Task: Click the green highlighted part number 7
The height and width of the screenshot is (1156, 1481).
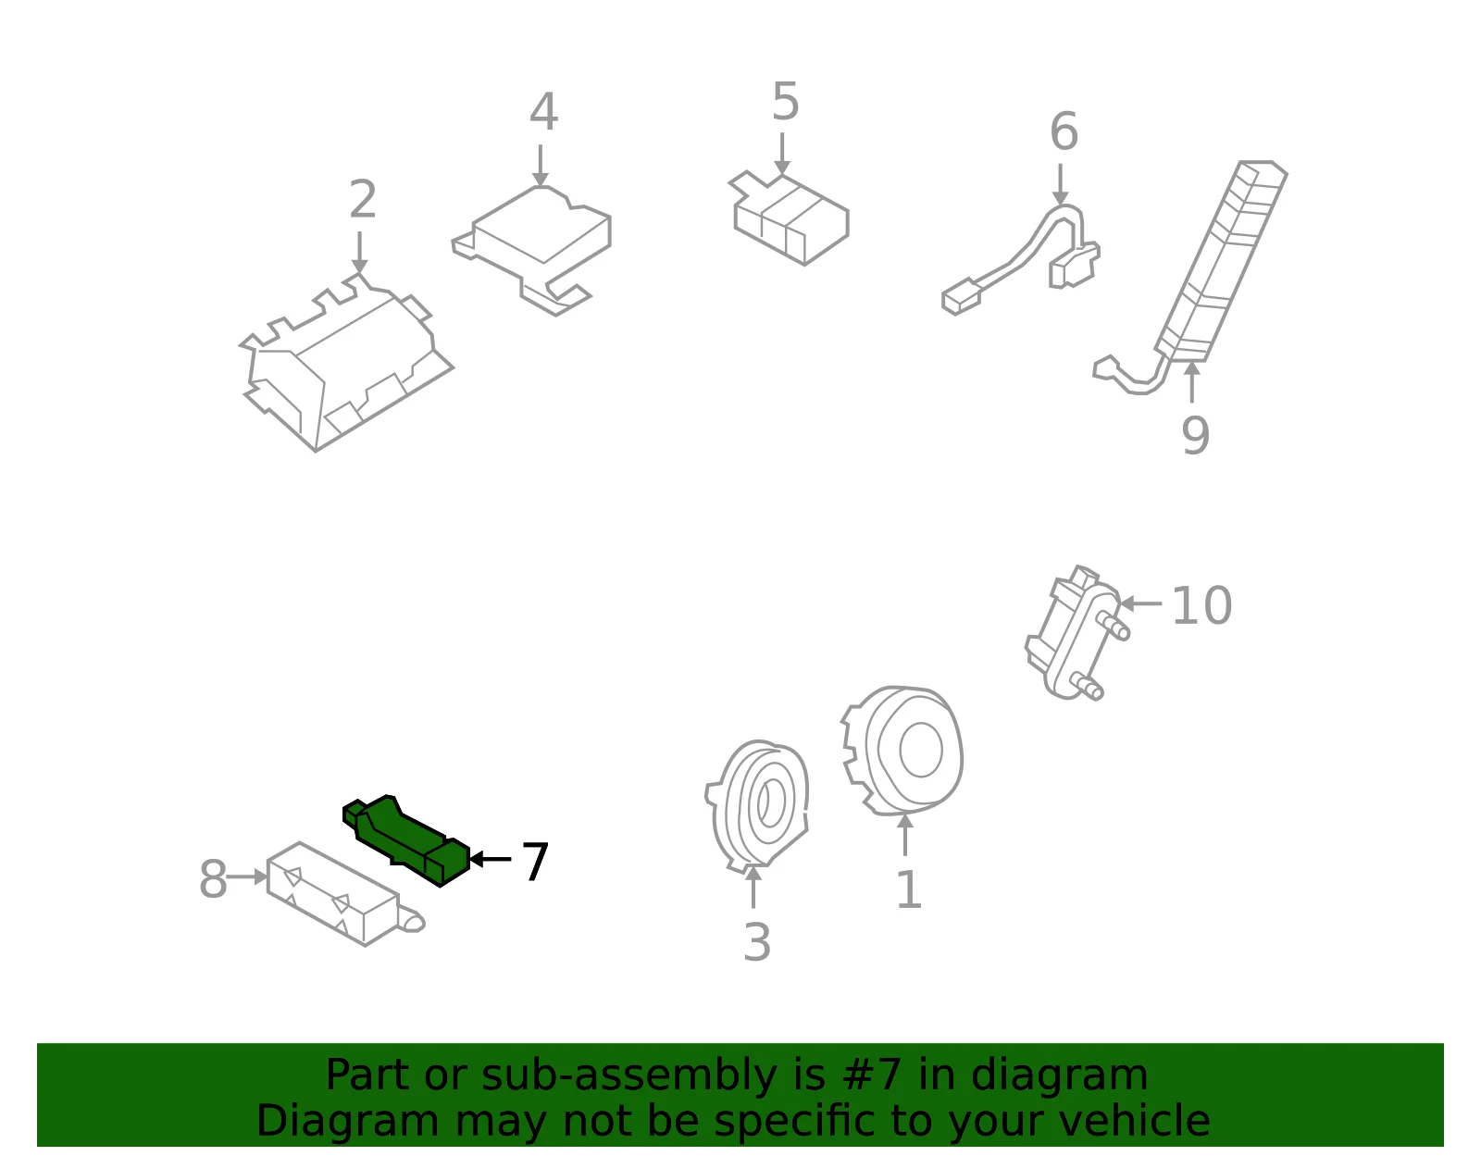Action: tap(406, 841)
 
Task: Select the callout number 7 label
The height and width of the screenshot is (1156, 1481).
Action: tap(535, 861)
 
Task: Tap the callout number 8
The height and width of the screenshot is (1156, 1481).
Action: tap(213, 878)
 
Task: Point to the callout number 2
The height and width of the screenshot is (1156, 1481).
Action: tap(363, 199)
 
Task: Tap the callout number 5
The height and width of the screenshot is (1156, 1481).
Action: tap(785, 102)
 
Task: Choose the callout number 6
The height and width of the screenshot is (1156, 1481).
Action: tap(1064, 131)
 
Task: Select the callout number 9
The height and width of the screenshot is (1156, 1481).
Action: tap(1195, 435)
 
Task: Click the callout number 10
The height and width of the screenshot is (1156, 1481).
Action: tap(1201, 605)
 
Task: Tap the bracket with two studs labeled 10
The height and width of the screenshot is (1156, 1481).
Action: tap(1074, 633)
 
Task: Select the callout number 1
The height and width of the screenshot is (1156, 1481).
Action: tap(909, 889)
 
